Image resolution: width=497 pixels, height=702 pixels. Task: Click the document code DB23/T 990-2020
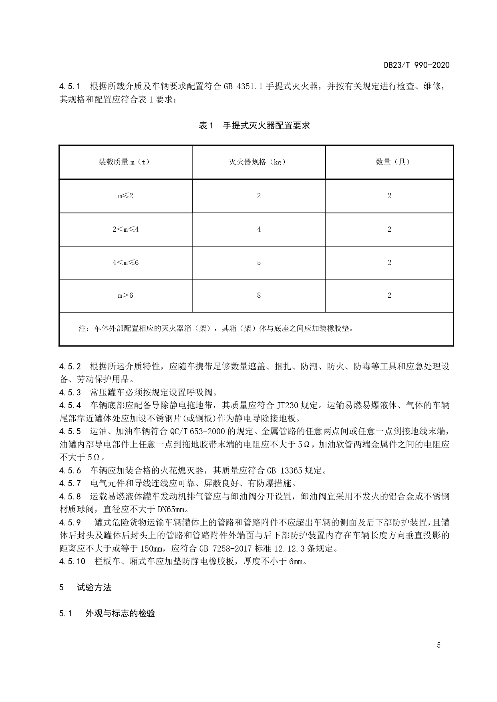[417, 65]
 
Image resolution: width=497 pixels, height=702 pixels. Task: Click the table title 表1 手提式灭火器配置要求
[254, 126]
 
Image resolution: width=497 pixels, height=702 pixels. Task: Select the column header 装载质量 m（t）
[124, 162]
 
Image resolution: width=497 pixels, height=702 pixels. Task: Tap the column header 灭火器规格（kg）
[258, 162]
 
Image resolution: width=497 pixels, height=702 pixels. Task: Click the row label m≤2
[125, 196]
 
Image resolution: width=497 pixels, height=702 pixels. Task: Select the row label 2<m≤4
[125, 229]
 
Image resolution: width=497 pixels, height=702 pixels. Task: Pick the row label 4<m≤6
[125, 263]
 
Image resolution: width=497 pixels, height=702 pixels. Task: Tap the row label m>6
[125, 295]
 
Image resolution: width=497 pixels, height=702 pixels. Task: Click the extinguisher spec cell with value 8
[259, 295]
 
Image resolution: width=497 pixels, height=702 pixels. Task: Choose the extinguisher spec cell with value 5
[259, 263]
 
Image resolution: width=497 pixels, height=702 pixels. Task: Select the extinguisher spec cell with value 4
[259, 229]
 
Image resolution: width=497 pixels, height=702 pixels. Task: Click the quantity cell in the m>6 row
[389, 295]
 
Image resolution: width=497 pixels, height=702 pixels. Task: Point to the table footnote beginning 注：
[216, 329]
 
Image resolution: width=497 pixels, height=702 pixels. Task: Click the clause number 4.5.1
[70, 86]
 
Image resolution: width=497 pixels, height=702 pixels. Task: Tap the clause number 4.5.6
[70, 470]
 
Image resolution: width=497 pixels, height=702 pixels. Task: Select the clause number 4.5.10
[72, 562]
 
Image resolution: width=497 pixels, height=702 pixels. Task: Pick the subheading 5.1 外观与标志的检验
[107, 614]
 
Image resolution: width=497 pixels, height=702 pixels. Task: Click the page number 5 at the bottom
[439, 645]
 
